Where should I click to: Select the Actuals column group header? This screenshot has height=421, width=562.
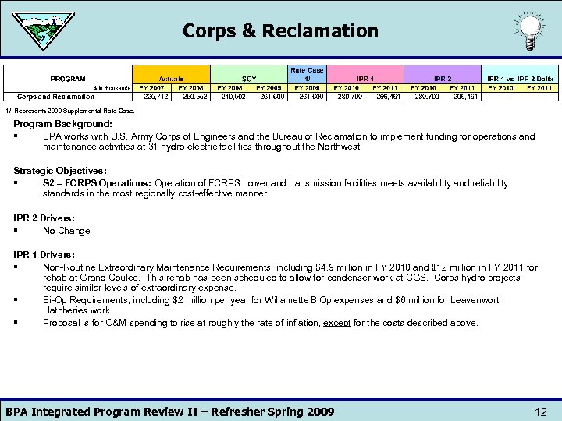click(x=171, y=79)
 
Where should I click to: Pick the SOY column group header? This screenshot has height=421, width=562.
click(x=249, y=79)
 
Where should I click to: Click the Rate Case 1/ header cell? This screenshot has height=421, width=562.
click(x=308, y=74)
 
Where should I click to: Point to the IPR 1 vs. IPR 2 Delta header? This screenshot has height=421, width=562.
click(x=521, y=79)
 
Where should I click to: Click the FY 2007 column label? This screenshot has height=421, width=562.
click(x=152, y=88)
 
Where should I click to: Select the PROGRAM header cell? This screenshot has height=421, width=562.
click(x=68, y=79)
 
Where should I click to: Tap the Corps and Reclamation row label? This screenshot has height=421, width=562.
click(x=55, y=97)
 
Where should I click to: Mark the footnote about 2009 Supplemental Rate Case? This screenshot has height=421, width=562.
click(x=70, y=111)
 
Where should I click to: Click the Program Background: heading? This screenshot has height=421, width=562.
click(x=62, y=124)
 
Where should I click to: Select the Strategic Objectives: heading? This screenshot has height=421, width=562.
click(x=60, y=171)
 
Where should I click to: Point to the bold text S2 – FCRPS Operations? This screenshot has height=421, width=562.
click(x=97, y=183)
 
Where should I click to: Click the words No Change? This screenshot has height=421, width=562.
click(x=66, y=231)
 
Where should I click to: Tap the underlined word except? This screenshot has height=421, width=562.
click(x=337, y=323)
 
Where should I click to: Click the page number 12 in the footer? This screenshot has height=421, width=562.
click(x=541, y=412)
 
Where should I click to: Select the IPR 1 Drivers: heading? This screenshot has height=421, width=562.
click(x=44, y=255)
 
